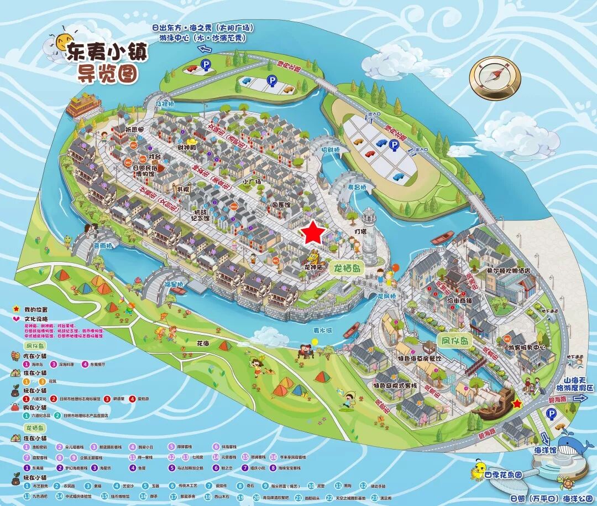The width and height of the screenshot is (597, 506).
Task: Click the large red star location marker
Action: tap(314, 233)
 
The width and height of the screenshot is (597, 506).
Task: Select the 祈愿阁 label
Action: tap(134, 129)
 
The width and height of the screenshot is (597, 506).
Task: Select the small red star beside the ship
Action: tap(517, 404)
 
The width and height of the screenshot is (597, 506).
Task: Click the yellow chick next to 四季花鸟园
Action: tap(476, 471)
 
